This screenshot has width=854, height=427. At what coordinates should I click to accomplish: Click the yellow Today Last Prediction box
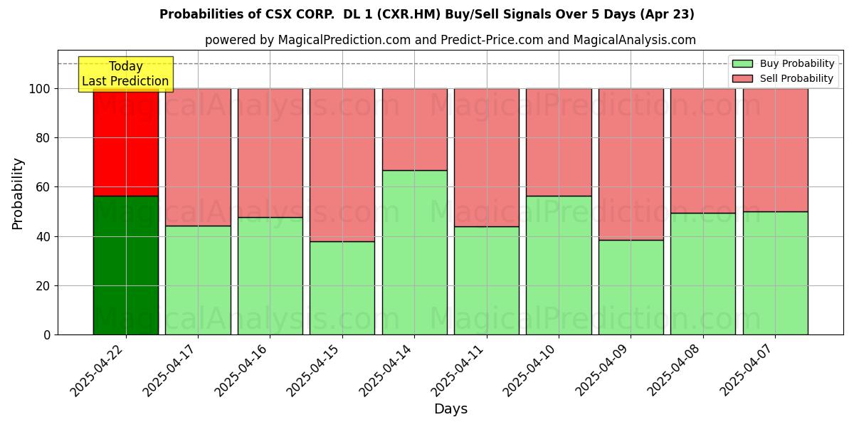[x=125, y=74]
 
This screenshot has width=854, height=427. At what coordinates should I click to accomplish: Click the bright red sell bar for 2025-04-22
[x=126, y=142]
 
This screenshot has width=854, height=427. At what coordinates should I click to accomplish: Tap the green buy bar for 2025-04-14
[x=414, y=252]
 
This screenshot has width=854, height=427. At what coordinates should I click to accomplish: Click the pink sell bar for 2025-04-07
[x=775, y=150]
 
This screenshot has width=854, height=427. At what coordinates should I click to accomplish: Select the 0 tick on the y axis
[x=47, y=334]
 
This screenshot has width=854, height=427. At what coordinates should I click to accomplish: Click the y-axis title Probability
[x=18, y=194]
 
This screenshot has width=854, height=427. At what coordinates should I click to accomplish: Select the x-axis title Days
[x=450, y=409]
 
